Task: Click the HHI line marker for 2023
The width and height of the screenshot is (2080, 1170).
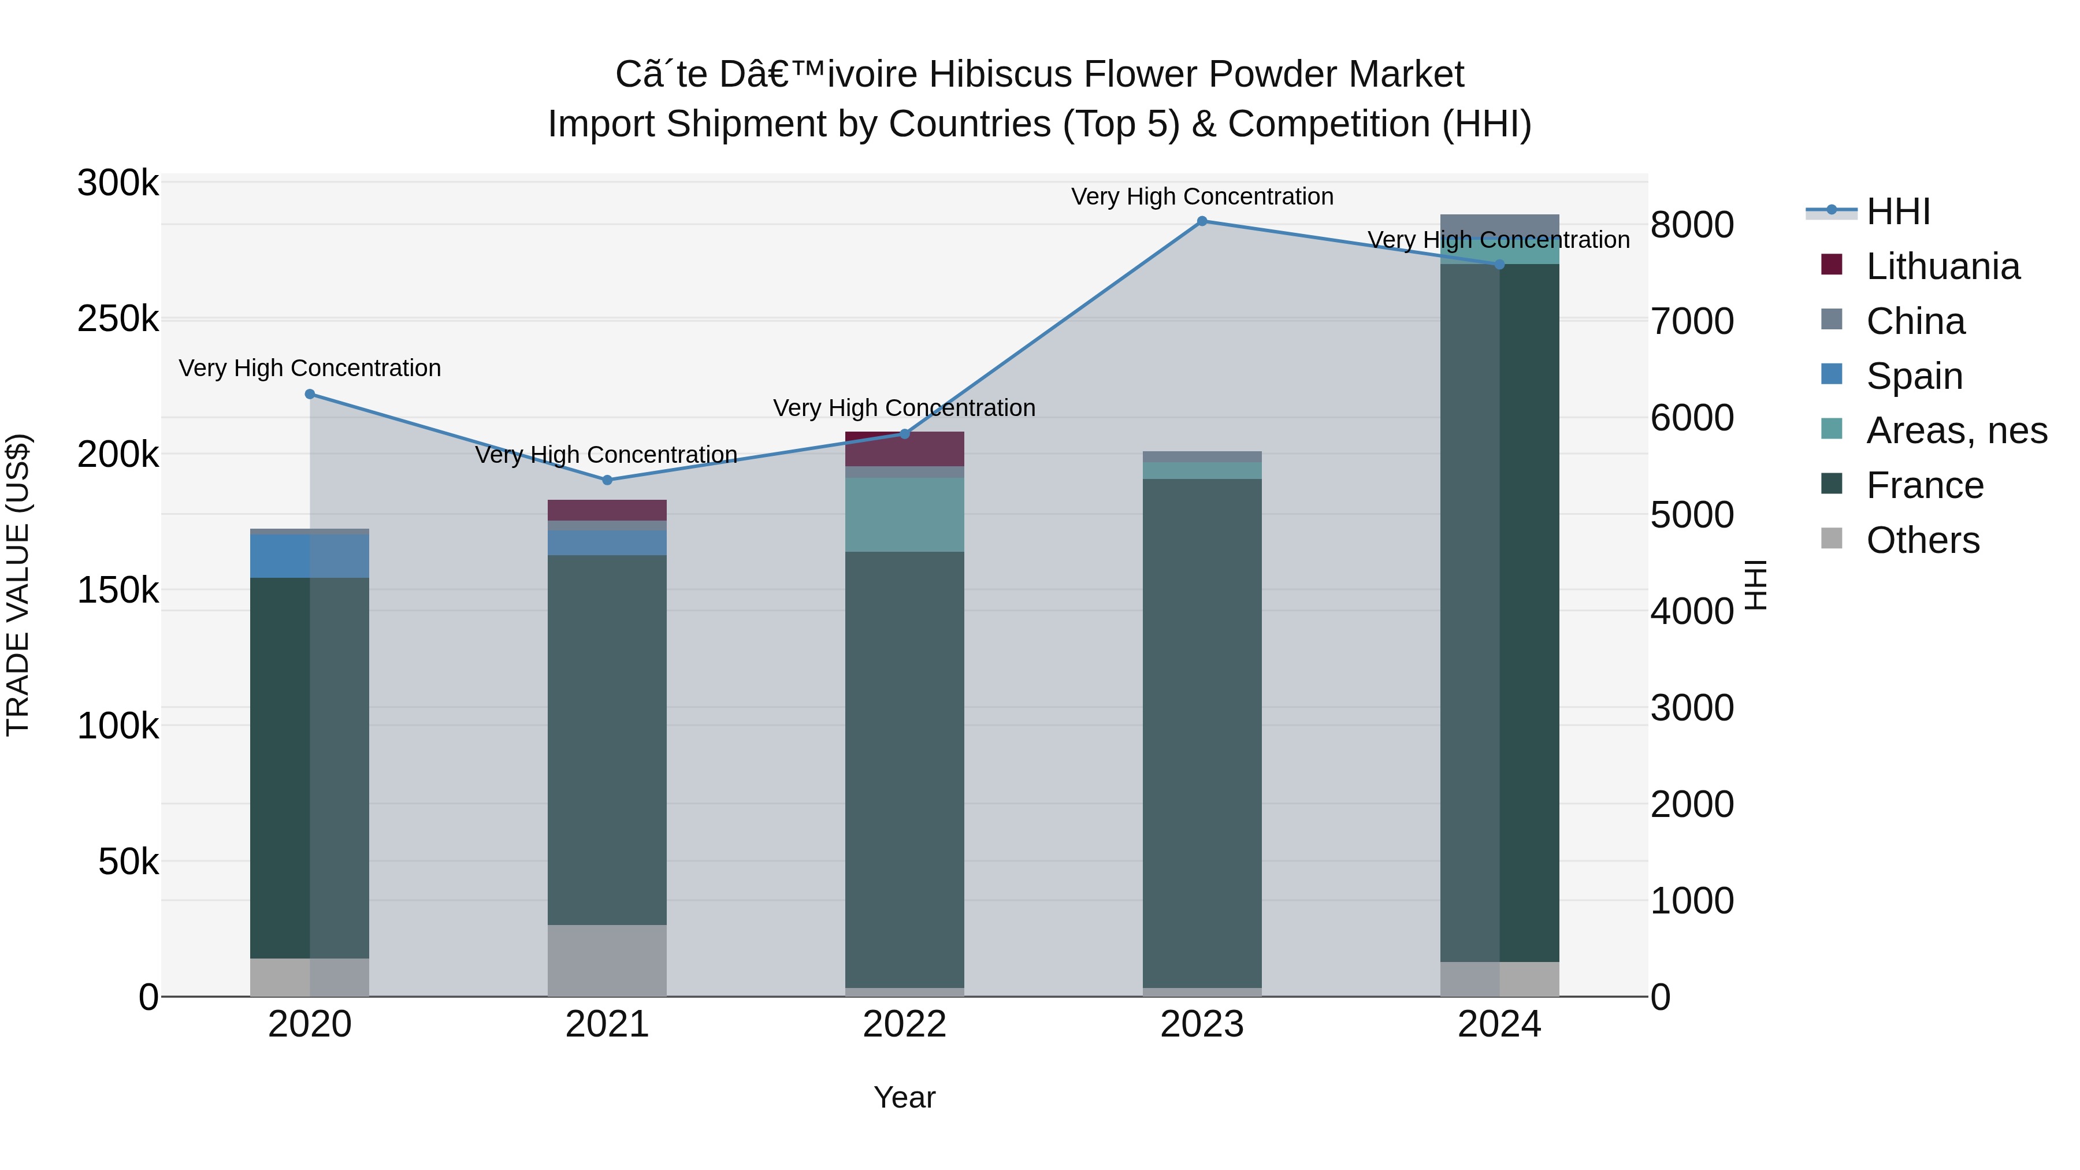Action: pyautogui.click(x=1202, y=221)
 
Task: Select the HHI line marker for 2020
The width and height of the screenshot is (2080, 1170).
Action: pyautogui.click(x=310, y=394)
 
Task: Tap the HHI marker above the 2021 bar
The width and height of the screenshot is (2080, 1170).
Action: pyautogui.click(x=608, y=480)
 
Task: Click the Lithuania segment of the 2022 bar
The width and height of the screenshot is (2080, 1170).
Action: pyautogui.click(x=904, y=450)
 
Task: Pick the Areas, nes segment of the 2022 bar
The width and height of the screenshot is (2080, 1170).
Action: pyautogui.click(x=904, y=514)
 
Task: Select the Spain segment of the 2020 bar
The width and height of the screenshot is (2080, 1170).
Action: pyautogui.click(x=310, y=555)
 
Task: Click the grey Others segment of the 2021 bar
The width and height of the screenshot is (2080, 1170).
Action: pyautogui.click(x=607, y=960)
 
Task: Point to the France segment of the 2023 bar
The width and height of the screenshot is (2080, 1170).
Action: pyautogui.click(x=1202, y=733)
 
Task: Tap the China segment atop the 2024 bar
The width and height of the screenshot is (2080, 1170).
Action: pyautogui.click(x=1499, y=225)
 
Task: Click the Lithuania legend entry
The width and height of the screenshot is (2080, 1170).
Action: pyautogui.click(x=1942, y=266)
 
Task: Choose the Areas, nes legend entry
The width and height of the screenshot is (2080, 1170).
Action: pyautogui.click(x=1956, y=430)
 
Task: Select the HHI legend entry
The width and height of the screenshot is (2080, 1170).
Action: pyautogui.click(x=1897, y=211)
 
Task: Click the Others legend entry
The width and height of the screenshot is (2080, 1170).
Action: pyautogui.click(x=1922, y=540)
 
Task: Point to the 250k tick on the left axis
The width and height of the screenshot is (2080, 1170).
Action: pyautogui.click(x=118, y=319)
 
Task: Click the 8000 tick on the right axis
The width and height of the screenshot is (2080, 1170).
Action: pyautogui.click(x=1692, y=225)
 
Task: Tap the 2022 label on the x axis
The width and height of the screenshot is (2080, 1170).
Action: pyautogui.click(x=904, y=1024)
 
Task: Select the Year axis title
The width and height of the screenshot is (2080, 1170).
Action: pyautogui.click(x=904, y=1097)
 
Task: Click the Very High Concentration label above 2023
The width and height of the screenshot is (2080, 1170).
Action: pyautogui.click(x=1202, y=196)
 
